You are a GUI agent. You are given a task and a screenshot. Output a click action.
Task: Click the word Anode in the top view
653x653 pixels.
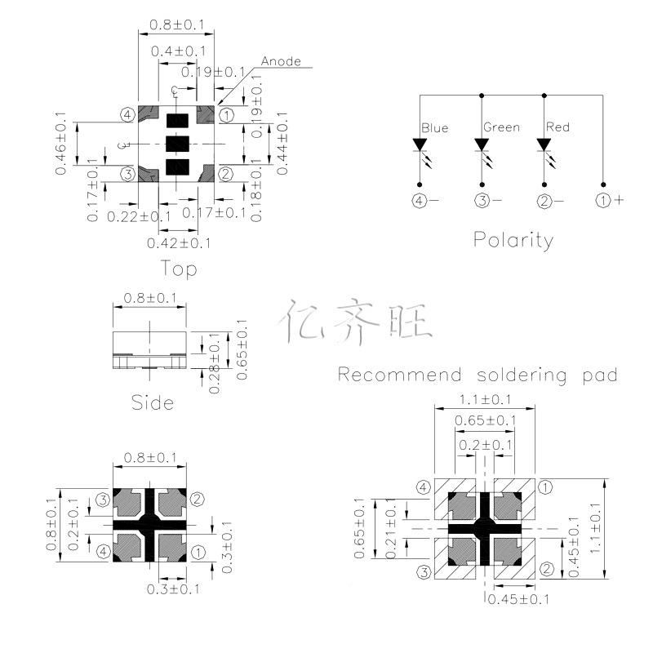pyautogui.click(x=282, y=61)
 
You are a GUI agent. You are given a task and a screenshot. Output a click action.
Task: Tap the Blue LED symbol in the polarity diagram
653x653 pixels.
pyautogui.click(x=420, y=146)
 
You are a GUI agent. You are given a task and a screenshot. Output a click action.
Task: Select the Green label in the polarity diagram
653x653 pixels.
pyautogui.click(x=501, y=127)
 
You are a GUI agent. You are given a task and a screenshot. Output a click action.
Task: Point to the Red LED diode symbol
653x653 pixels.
pyautogui.click(x=544, y=146)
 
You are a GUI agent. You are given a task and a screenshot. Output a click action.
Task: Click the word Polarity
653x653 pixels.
pyautogui.click(x=513, y=240)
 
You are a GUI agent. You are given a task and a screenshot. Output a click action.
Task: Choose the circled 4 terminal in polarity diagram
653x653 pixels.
pyautogui.click(x=420, y=200)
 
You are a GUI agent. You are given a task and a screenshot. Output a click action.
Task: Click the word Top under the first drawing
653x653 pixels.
pyautogui.click(x=179, y=268)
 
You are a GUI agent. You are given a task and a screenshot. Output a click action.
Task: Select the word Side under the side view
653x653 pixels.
pyautogui.click(x=153, y=402)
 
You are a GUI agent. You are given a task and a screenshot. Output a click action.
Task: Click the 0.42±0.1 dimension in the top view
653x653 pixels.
pyautogui.click(x=179, y=243)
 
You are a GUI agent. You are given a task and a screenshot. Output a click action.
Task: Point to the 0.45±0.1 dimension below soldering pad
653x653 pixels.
pyautogui.click(x=518, y=600)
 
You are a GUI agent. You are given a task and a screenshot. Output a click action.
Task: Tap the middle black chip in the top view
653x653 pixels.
pyautogui.click(x=178, y=144)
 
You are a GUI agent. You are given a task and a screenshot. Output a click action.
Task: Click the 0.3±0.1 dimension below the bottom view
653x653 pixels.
pyautogui.click(x=170, y=589)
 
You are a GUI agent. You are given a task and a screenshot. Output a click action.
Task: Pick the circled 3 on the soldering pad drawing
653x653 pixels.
pyautogui.click(x=424, y=571)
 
